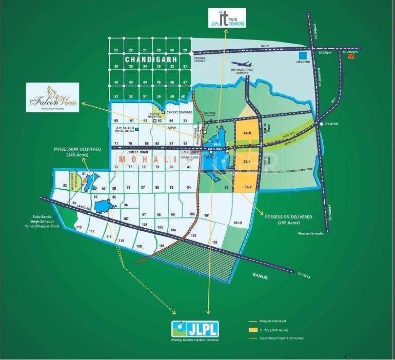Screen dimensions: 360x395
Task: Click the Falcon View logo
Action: click(x=53, y=97)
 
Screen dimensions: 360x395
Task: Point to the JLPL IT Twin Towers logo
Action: click(x=226, y=18)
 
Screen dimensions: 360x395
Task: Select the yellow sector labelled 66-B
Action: click(x=247, y=133)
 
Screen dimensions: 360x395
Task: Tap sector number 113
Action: click(x=78, y=227)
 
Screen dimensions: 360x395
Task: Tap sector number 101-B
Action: click(x=237, y=223)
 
